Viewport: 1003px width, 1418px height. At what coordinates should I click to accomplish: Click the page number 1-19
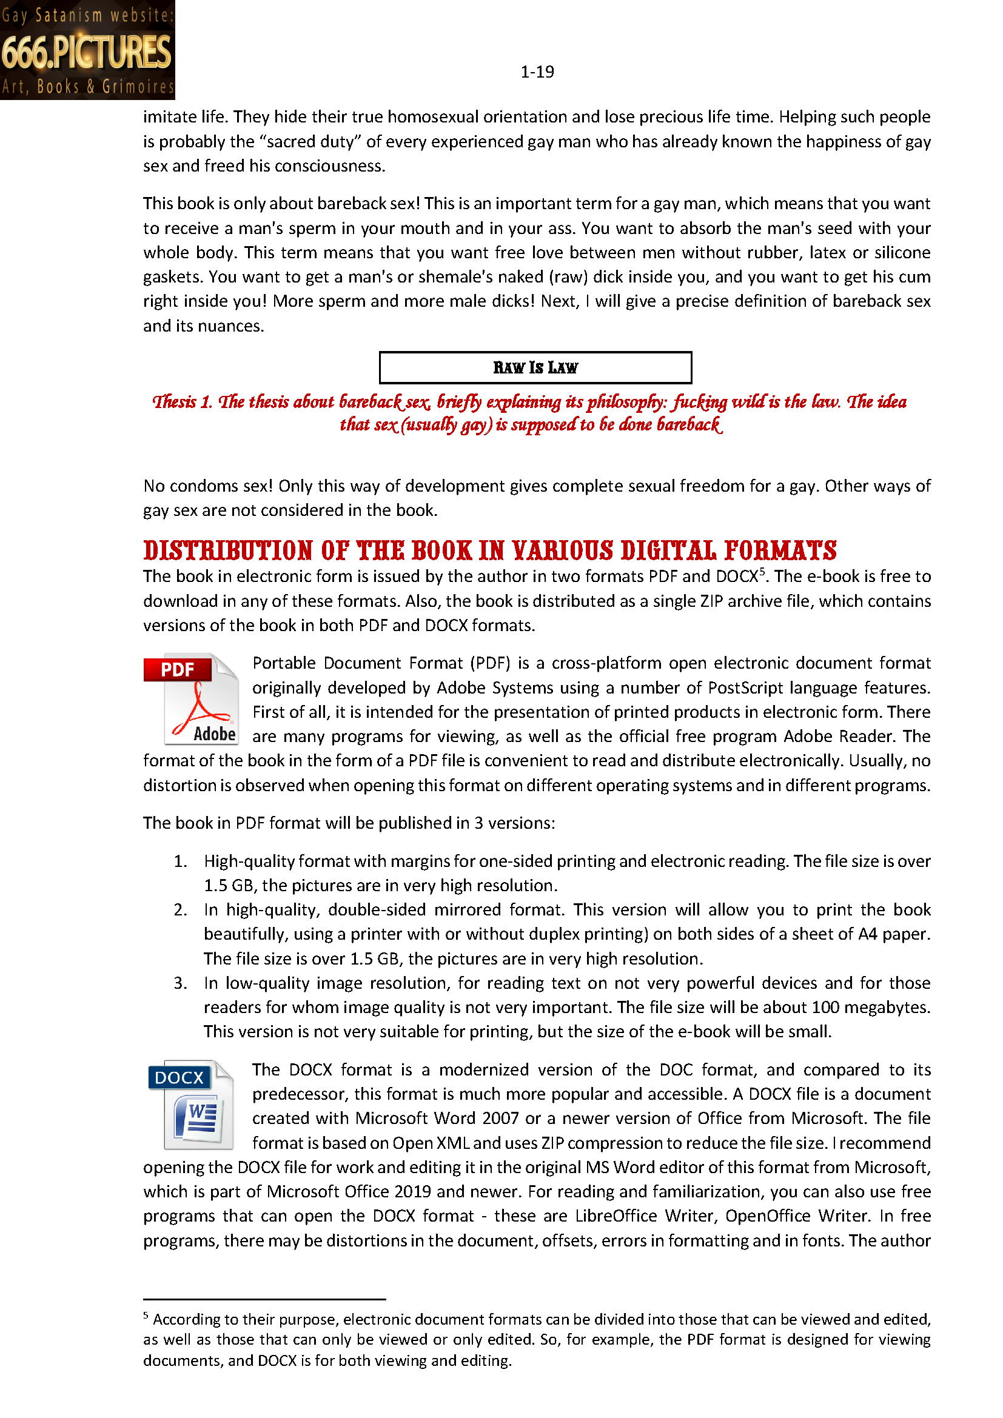point(537,72)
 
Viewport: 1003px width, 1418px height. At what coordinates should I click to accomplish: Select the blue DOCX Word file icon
point(191,1104)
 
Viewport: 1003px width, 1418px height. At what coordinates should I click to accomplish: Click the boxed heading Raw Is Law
point(535,367)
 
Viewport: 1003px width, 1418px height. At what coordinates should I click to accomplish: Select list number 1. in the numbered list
point(180,861)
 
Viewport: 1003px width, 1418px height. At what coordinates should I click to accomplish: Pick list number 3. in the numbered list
point(180,983)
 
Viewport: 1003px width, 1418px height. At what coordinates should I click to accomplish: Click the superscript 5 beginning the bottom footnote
point(146,1316)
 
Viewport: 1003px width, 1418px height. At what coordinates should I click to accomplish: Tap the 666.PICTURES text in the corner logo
point(87,52)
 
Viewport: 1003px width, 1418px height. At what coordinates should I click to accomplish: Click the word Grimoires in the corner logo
point(138,87)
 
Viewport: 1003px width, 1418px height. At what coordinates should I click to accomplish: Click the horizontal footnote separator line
point(264,1299)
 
